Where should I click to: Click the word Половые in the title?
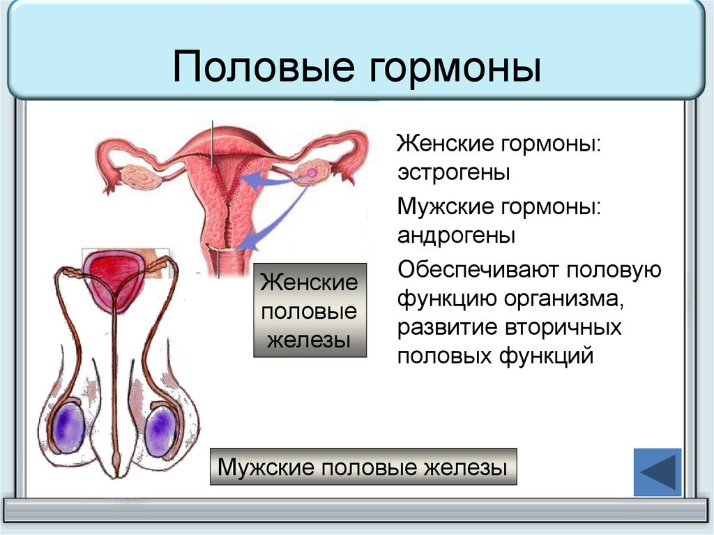click(x=263, y=68)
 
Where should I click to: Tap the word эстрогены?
click(x=453, y=173)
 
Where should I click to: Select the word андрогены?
click(x=456, y=236)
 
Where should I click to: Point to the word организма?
click(x=563, y=299)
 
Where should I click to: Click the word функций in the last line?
click(x=546, y=356)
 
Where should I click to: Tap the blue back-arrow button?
click(x=658, y=472)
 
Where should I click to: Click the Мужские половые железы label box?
click(x=363, y=467)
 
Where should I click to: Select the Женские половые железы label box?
click(x=310, y=310)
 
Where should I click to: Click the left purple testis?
click(x=69, y=429)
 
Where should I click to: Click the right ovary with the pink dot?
click(x=312, y=172)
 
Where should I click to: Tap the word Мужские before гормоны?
click(x=446, y=206)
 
